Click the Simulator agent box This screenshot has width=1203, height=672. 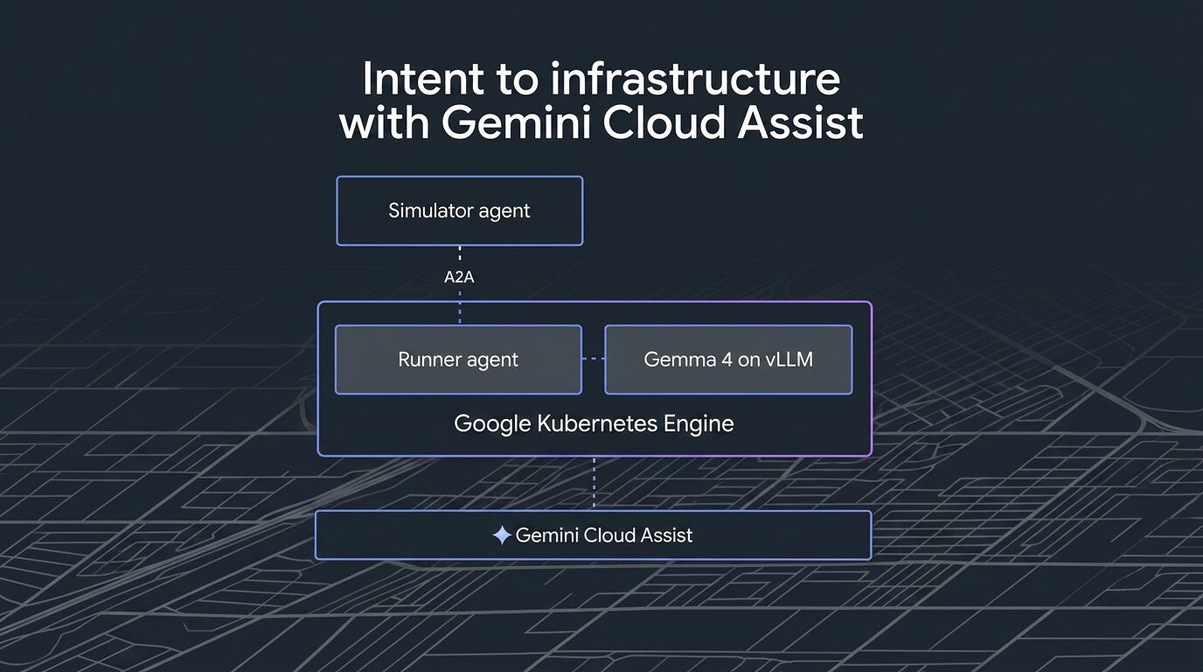tap(459, 211)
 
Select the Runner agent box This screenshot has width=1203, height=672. tap(458, 360)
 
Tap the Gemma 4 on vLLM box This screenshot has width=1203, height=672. tap(728, 360)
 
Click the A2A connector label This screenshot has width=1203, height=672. tap(460, 277)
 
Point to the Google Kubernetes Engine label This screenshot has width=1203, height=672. tap(594, 424)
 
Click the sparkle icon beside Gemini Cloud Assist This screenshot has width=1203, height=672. tap(502, 535)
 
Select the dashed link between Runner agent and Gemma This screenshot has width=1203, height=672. tap(594, 359)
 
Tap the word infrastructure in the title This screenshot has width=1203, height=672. tap(695, 80)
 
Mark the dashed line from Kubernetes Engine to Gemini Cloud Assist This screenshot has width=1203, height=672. tap(595, 483)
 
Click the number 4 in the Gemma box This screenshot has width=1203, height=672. tap(712, 360)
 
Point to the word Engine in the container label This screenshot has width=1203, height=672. tap(699, 424)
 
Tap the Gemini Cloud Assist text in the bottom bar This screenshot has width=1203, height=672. tap(604, 535)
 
